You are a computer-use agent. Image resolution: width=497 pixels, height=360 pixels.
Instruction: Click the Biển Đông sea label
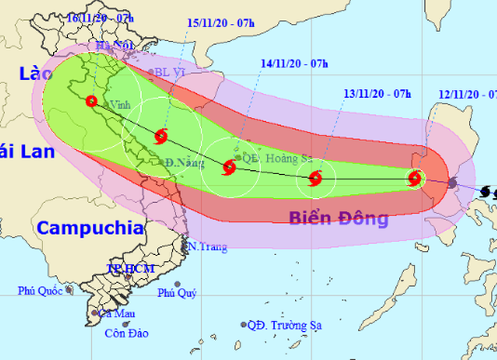click(x=338, y=218)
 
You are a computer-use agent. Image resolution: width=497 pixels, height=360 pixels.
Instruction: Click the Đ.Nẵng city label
click(x=181, y=163)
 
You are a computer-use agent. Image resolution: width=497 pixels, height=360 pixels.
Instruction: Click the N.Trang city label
click(x=207, y=247)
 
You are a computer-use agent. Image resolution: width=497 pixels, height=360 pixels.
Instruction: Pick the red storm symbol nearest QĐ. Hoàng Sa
click(x=229, y=168)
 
